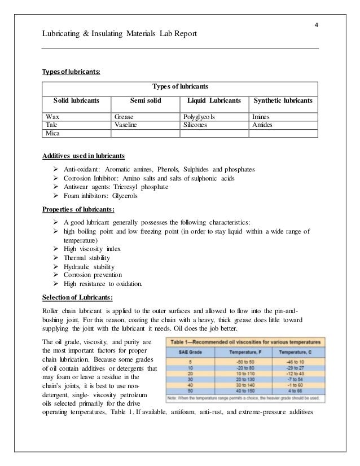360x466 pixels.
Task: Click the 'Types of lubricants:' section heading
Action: coord(72,72)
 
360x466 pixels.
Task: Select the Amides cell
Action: coord(263,125)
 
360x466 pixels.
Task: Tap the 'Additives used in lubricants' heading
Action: coord(84,155)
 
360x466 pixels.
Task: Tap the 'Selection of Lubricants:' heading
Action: coord(78,297)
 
